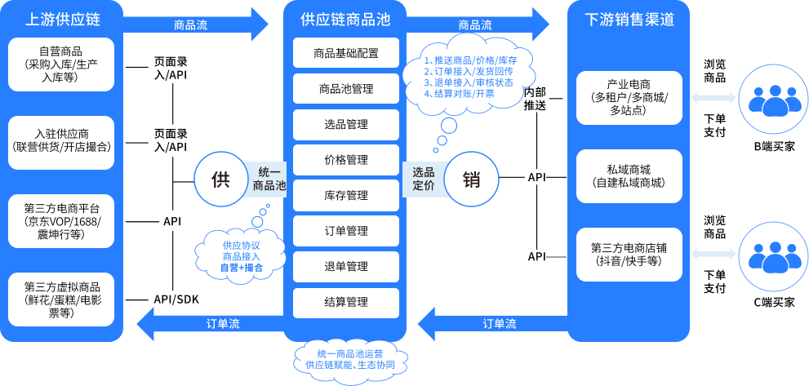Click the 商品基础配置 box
point(345,54)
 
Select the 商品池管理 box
point(345,89)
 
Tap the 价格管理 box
point(345,160)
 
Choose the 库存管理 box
point(345,196)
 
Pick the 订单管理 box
point(345,231)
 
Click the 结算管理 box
point(345,302)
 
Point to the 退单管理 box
point(345,267)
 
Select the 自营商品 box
point(62,64)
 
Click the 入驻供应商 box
point(62,142)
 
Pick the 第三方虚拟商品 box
point(62,299)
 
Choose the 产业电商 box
point(629,97)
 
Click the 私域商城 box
point(629,176)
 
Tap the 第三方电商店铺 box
point(629,254)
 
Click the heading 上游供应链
point(62,18)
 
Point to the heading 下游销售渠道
point(629,18)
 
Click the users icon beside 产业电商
point(768,98)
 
